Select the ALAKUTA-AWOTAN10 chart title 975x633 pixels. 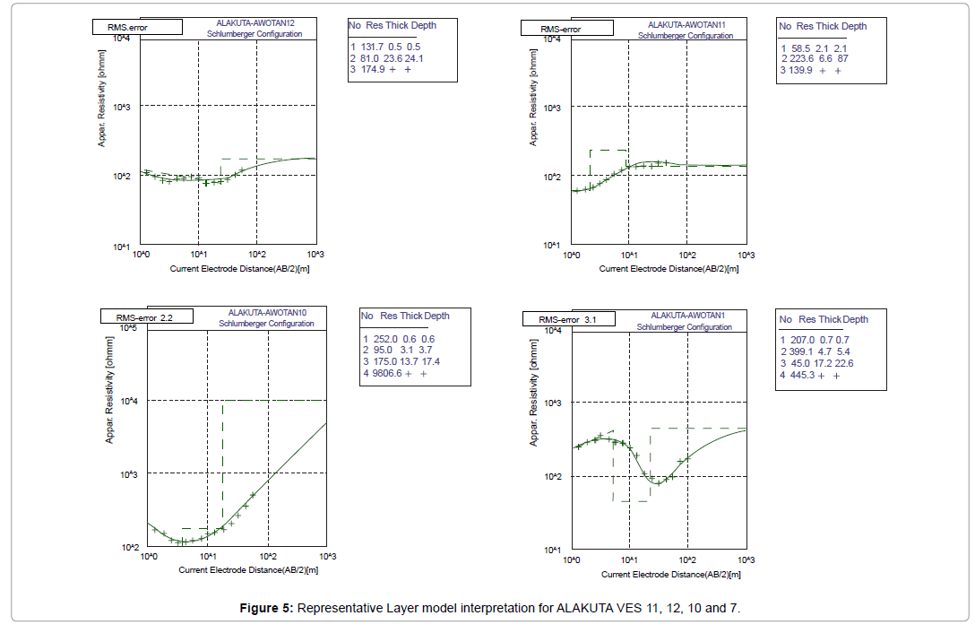pyautogui.click(x=267, y=312)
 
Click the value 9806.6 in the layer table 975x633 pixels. pyautogui.click(x=386, y=373)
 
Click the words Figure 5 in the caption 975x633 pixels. pyautogui.click(x=265, y=610)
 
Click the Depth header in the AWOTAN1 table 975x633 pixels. pyautogui.click(x=854, y=319)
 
